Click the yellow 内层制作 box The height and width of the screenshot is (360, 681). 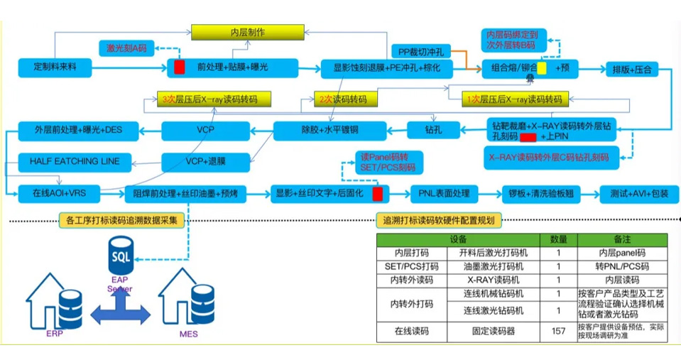click(248, 33)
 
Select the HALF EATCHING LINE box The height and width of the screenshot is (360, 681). click(75, 161)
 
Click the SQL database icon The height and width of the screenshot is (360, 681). click(121, 253)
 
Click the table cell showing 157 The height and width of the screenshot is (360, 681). click(559, 330)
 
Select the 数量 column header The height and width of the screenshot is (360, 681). click(559, 239)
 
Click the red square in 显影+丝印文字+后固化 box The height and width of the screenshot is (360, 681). click(378, 194)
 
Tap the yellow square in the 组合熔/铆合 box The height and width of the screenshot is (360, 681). click(542, 69)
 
